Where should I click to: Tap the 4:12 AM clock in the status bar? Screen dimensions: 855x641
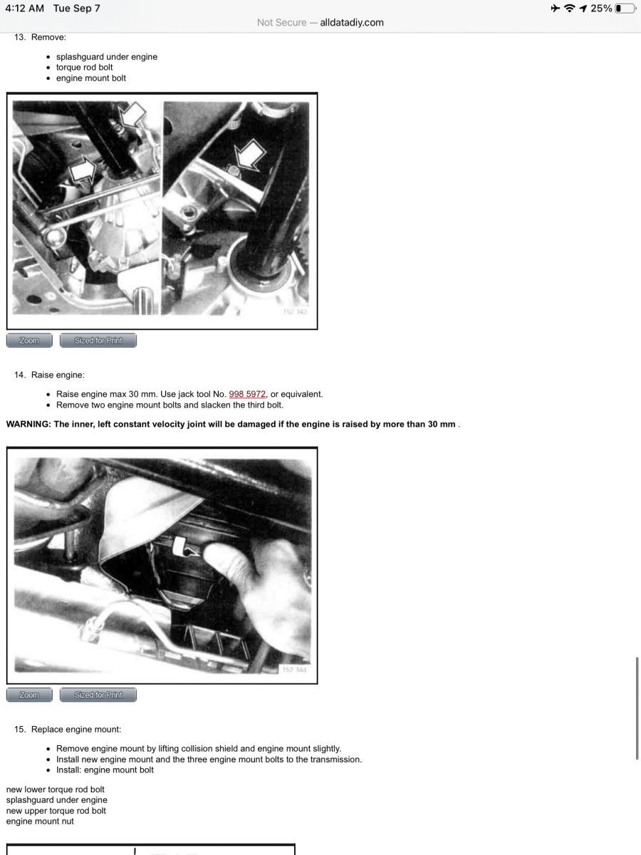coord(24,9)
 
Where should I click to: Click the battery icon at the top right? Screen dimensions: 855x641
coord(625,9)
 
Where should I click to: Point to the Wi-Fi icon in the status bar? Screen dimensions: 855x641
coord(569,9)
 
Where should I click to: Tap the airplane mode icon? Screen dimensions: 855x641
coord(555,9)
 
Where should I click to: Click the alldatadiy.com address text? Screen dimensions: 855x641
coord(352,23)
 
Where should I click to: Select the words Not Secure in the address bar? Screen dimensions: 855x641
coord(281,23)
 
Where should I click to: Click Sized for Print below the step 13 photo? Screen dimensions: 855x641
coord(98,341)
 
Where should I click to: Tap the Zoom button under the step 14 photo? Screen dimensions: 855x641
coord(29,695)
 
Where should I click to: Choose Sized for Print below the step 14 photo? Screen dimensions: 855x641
coord(98,695)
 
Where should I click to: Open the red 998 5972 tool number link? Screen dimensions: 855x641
coord(247,394)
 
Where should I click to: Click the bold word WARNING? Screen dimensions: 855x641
coord(28,425)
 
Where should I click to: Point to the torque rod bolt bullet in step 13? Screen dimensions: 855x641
coord(84,68)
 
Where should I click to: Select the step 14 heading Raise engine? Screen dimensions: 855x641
coord(58,375)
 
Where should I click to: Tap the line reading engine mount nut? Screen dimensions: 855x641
coord(40,822)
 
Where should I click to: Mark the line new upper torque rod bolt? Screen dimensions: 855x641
coord(56,811)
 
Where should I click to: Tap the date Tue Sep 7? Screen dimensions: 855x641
coord(76,9)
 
